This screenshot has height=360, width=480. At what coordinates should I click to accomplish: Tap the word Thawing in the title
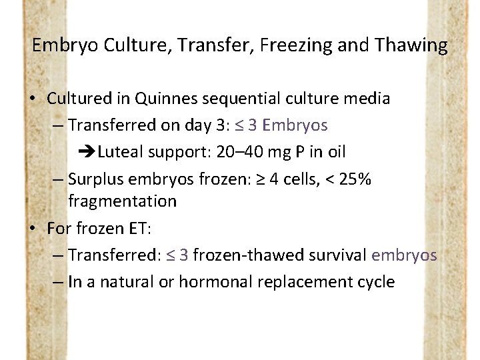(411, 45)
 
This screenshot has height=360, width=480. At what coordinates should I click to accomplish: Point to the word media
(365, 99)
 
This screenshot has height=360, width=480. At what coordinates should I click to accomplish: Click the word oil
(335, 152)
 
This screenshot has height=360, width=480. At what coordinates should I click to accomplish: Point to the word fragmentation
(122, 201)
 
